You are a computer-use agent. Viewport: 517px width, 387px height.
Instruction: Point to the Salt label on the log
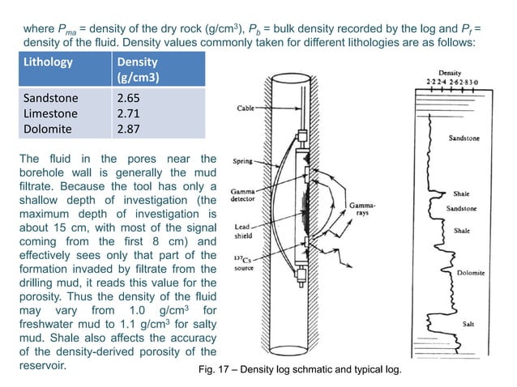(x=468, y=324)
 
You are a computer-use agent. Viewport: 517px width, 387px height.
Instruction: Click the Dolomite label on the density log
(x=471, y=273)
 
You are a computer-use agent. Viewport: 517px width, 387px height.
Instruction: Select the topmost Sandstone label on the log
(x=464, y=138)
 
